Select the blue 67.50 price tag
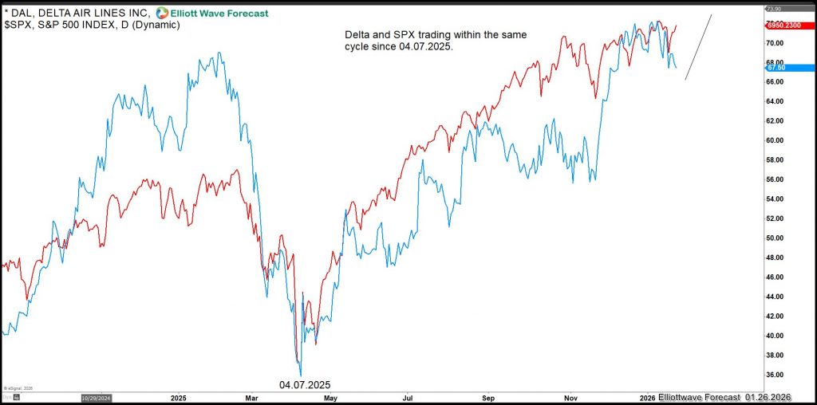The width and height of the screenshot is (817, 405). click(776, 68)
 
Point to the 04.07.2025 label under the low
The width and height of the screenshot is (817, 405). click(304, 384)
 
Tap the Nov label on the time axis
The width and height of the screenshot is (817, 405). click(570, 396)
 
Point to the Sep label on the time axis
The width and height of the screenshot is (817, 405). click(490, 396)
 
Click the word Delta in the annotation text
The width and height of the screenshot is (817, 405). click(357, 35)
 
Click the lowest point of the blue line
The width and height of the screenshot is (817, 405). click(301, 376)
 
